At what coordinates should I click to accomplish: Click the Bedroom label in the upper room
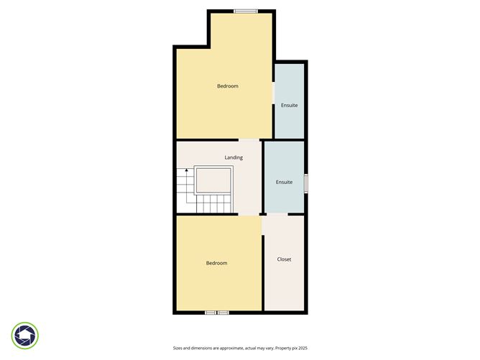227,86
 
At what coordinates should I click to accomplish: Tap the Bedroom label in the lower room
216,263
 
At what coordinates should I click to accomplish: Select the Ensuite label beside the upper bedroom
290,106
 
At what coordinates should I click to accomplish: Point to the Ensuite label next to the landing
284,182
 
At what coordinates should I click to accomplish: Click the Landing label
234,157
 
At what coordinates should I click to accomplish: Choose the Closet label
284,259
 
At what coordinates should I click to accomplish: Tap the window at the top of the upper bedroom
245,11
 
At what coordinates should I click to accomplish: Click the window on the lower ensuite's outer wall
306,183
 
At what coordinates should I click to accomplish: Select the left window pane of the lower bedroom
210,313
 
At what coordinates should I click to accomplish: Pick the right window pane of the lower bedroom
223,313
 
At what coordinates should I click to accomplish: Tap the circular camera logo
25,336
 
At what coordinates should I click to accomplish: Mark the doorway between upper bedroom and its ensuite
273,93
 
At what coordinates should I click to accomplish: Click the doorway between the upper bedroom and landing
249,139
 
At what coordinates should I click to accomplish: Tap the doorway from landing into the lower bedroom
249,214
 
